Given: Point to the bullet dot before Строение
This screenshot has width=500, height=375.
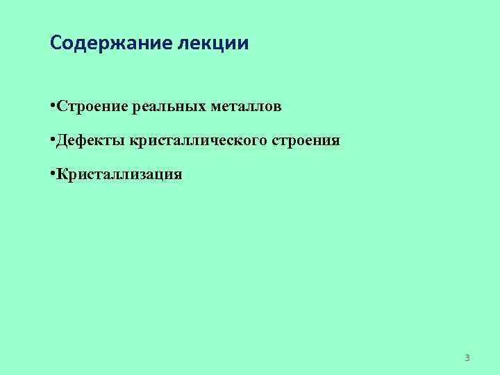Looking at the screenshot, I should coord(53,106).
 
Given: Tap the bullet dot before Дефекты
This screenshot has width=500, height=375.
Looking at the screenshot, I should coord(53,140).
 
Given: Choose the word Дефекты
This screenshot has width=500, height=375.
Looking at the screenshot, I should coord(91,141).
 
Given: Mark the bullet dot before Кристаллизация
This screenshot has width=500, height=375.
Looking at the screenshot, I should coord(53,174).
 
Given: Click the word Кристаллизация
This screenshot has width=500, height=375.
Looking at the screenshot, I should coord(119,174).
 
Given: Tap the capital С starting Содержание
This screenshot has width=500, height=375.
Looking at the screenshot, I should coord(56,44).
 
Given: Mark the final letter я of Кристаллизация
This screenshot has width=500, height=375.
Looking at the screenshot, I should coord(178,175).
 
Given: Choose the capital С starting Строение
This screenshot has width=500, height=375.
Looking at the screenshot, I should coord(62,107).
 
